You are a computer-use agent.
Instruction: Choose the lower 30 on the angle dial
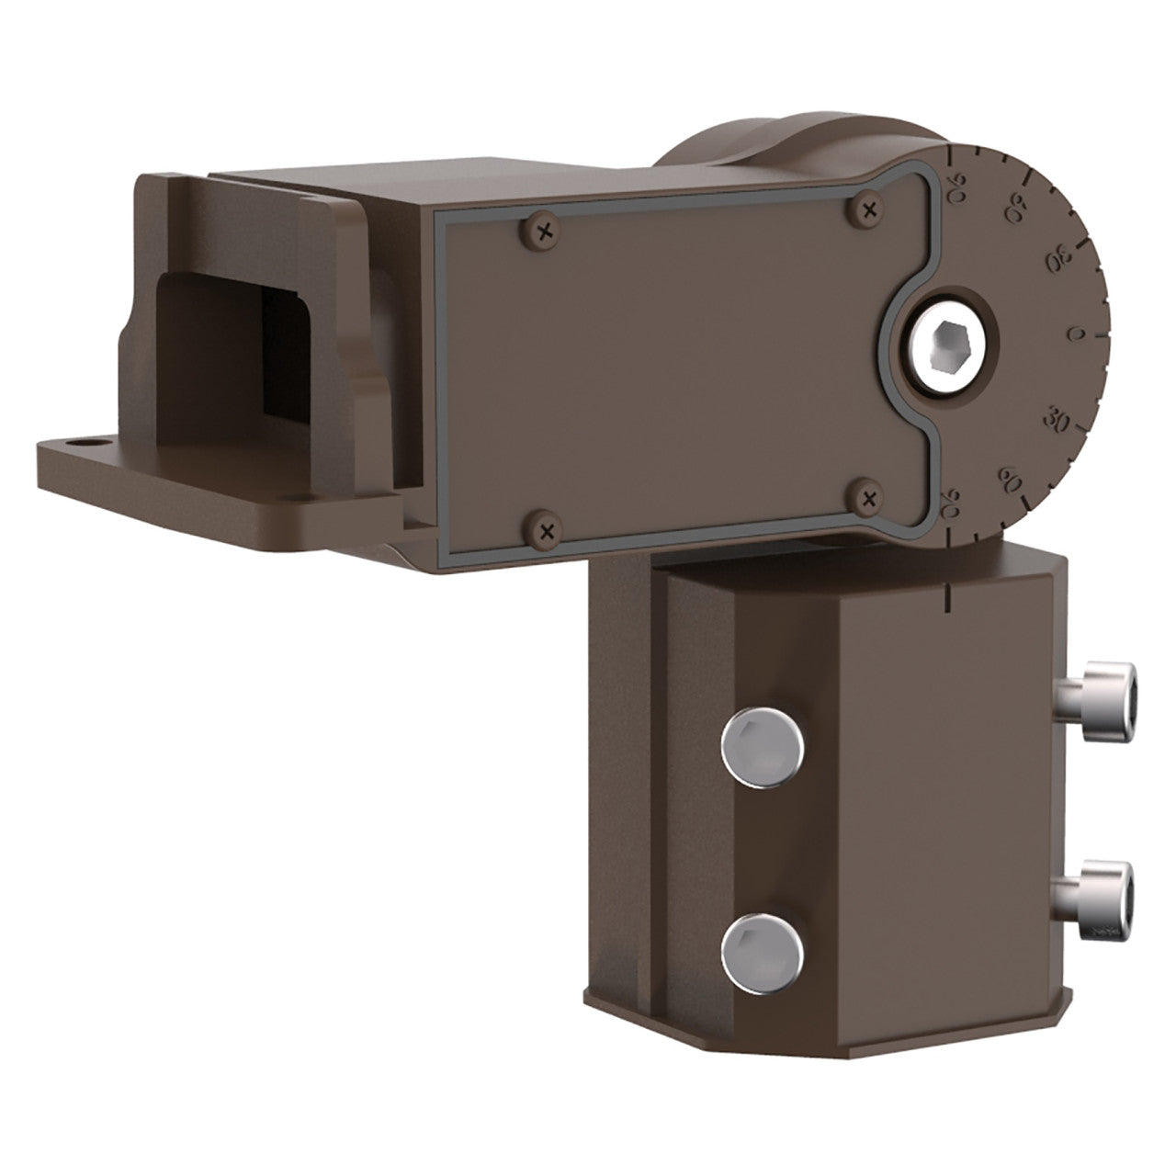click(x=1057, y=421)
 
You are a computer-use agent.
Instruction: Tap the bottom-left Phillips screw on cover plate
click(x=548, y=528)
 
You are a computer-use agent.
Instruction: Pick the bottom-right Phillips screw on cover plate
click(x=867, y=497)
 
